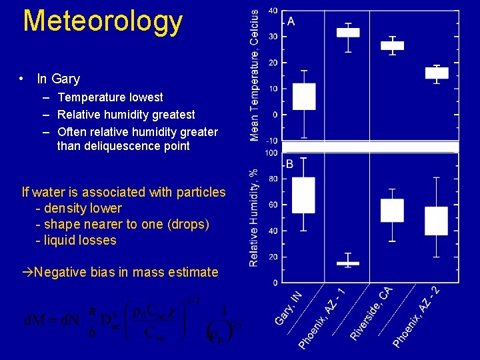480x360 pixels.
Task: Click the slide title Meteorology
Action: (103, 21)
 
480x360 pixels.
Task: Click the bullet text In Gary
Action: (58, 79)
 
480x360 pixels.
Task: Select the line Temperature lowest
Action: (110, 97)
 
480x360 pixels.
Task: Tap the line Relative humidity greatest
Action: (126, 115)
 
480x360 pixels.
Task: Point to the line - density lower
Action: (78, 208)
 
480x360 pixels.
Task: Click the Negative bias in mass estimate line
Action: (120, 272)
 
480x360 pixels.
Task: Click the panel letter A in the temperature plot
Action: (291, 21)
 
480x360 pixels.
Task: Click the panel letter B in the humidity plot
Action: (290, 164)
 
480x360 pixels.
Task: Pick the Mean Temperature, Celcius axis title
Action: (254, 75)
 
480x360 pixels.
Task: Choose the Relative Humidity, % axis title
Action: (254, 217)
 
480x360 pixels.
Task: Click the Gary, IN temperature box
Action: (304, 97)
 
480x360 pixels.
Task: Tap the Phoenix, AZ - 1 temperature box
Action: (348, 32)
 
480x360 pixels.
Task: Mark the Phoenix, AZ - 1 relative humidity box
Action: (348, 263)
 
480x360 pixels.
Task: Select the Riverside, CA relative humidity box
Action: (392, 210)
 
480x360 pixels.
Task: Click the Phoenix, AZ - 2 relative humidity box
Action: (437, 221)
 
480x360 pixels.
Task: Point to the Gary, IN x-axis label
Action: (289, 307)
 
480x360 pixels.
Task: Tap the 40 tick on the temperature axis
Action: (273, 11)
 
